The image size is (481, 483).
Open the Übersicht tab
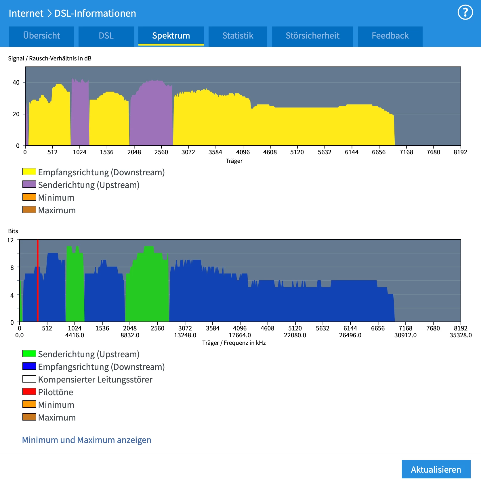41,36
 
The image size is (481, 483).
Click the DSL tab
106,36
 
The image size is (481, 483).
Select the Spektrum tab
171,36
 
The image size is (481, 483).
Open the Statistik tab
238,36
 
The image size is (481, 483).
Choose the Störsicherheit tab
312,36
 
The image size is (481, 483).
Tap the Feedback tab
390,36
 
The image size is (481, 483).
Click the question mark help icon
465,12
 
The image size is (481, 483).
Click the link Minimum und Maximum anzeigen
87,440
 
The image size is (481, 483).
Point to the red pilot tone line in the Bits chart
37,281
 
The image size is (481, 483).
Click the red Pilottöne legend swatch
29,391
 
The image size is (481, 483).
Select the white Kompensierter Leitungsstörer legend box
29,379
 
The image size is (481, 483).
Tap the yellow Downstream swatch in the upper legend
29,172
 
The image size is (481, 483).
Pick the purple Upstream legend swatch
29,184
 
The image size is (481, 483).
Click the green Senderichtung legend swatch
29,353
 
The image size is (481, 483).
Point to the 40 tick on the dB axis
16,83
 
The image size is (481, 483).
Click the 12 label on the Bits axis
11,240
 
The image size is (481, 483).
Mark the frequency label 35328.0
461,335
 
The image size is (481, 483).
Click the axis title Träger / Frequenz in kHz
234,343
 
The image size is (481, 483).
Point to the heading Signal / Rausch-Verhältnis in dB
50,58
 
